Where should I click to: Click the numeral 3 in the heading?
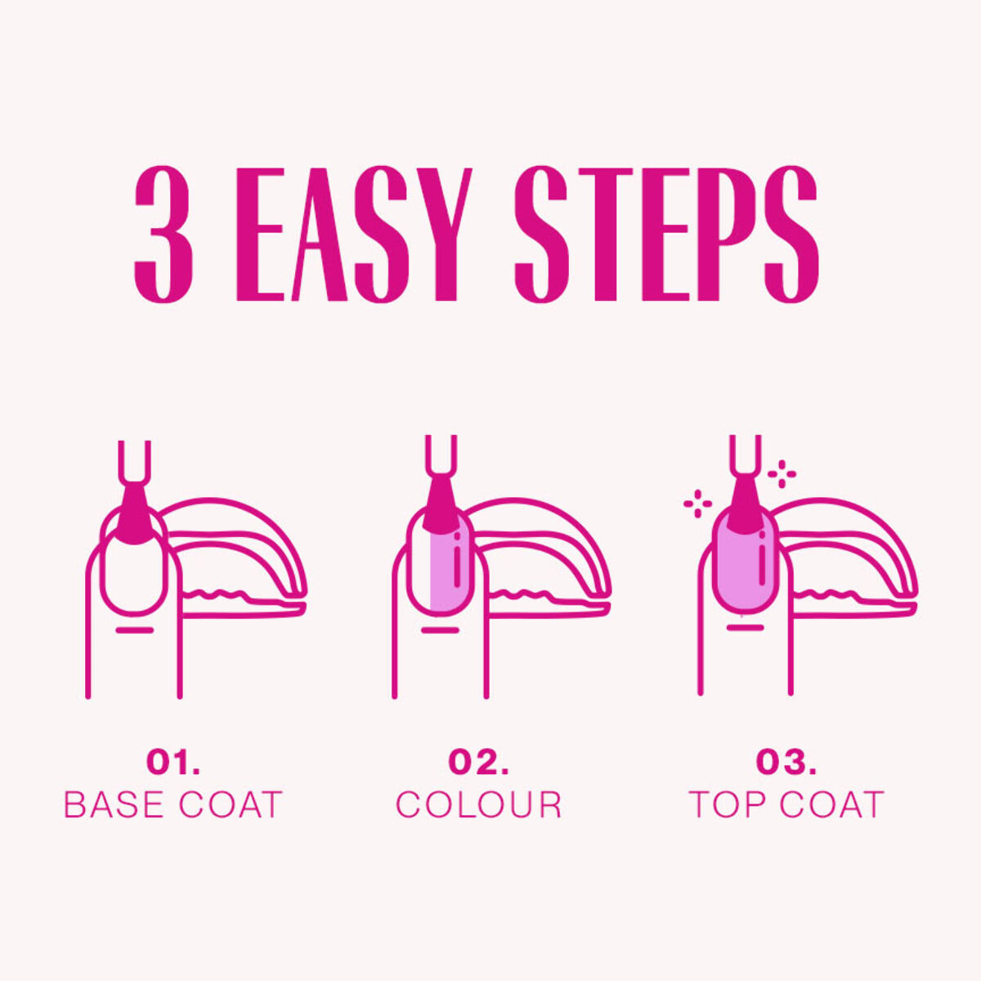click(x=164, y=234)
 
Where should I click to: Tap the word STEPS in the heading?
click(x=666, y=234)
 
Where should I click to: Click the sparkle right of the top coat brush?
click(x=782, y=474)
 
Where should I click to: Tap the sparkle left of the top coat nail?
click(x=698, y=504)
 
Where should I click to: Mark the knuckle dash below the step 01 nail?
click(x=134, y=630)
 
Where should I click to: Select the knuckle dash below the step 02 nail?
click(x=441, y=630)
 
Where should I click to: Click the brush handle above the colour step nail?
click(x=441, y=455)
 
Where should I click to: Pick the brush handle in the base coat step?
click(x=134, y=462)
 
